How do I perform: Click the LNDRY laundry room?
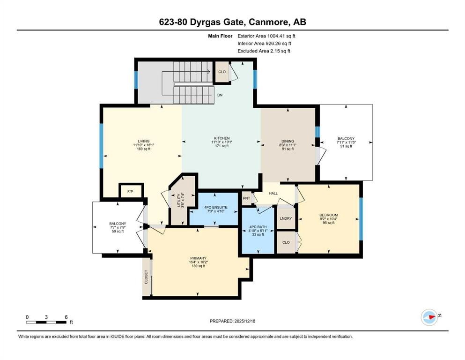tap(285, 218)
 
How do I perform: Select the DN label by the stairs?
tap(220, 95)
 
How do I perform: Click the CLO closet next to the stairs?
tap(222, 72)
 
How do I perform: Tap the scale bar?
tap(46, 322)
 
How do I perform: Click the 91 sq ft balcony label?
tap(346, 146)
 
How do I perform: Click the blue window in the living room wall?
tap(101, 145)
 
